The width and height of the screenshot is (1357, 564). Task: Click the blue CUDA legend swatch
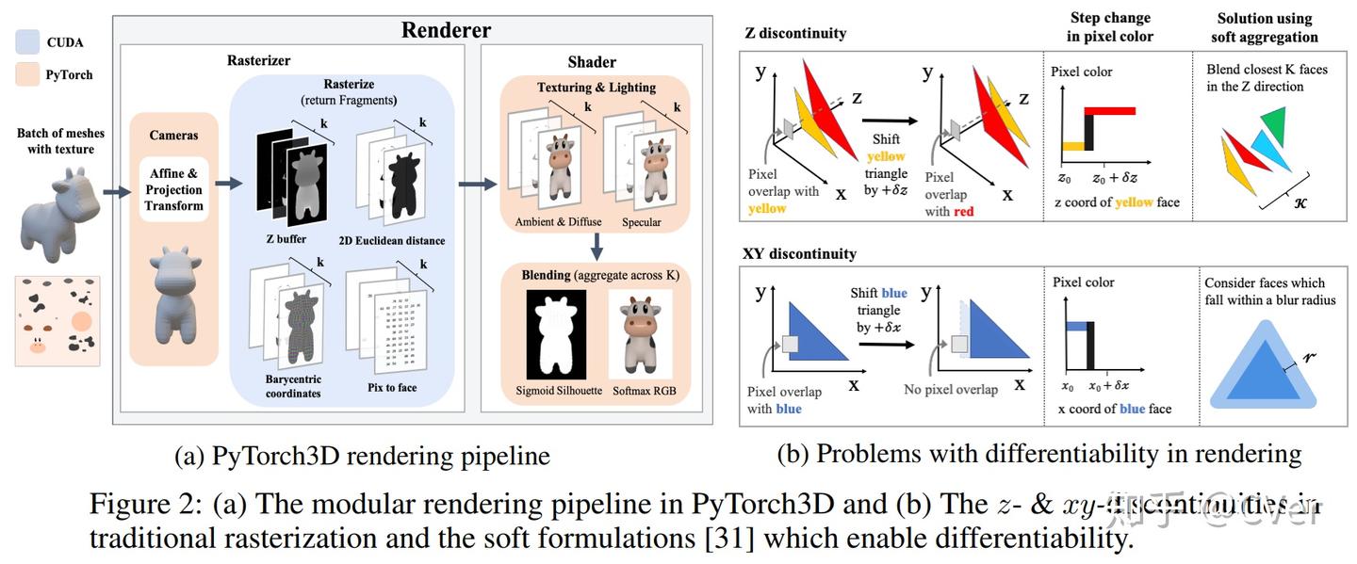coord(27,42)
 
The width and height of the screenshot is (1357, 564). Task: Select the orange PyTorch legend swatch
coord(27,74)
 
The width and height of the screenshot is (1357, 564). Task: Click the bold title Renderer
coord(446,29)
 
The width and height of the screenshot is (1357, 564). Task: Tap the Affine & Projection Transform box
coord(174,190)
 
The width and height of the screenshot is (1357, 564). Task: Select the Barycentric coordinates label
coord(292,386)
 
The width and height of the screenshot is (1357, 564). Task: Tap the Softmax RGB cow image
coord(640,333)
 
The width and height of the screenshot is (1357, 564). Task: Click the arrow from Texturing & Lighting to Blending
coord(597,248)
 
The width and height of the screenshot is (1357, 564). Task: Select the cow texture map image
coord(57,320)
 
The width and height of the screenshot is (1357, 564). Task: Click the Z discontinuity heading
coord(795,33)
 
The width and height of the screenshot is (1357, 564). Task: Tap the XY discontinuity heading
coord(800,254)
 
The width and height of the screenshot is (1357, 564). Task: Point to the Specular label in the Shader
coord(642,222)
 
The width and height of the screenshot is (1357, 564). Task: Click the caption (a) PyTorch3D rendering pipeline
coord(362,457)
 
